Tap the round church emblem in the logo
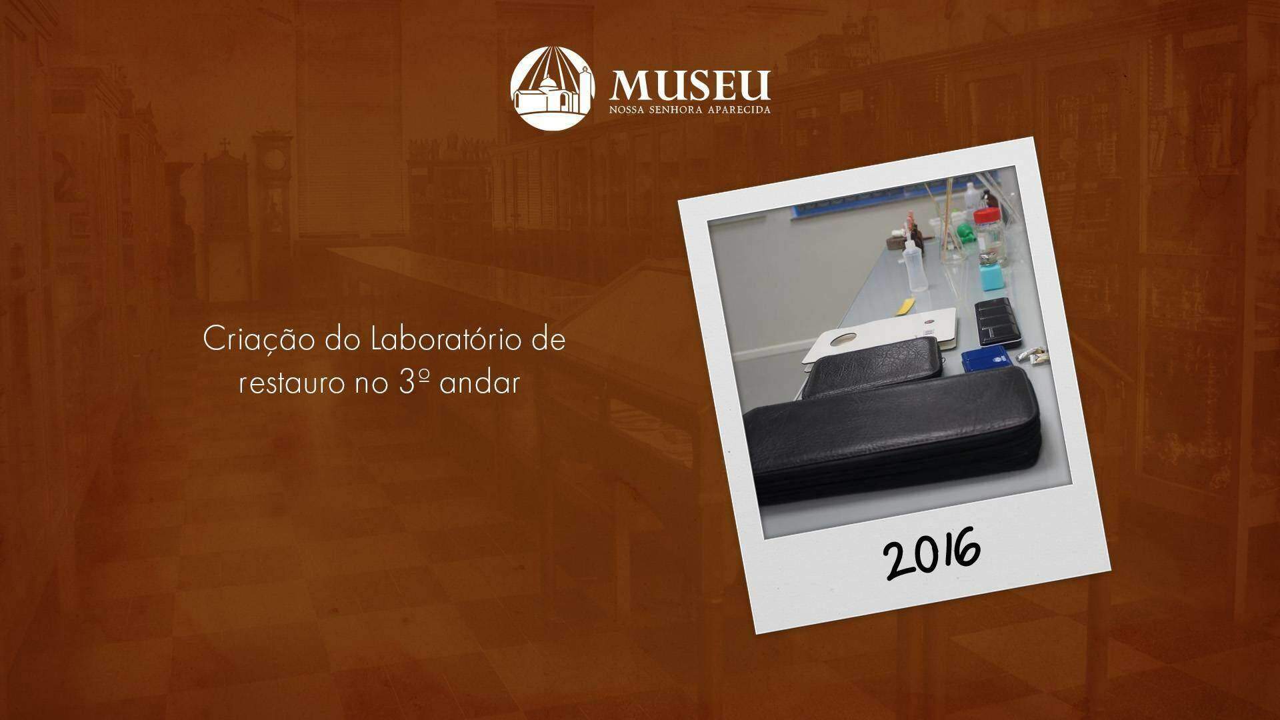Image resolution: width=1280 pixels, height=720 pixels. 551,87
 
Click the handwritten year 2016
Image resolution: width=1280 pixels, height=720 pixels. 933,553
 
